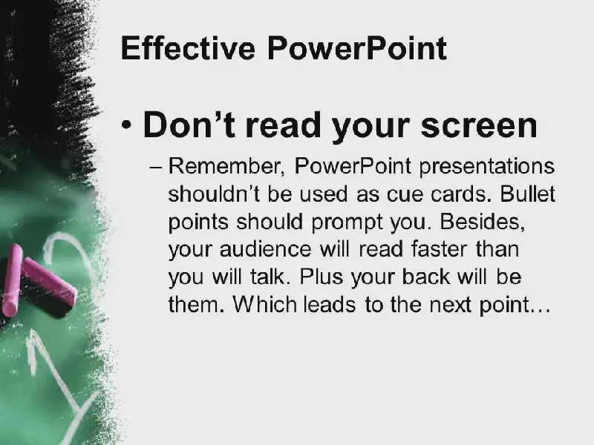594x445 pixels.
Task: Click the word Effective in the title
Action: click(188, 48)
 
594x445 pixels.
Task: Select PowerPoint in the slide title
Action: click(357, 48)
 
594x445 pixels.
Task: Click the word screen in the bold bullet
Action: click(479, 126)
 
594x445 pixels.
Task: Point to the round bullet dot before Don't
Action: click(126, 124)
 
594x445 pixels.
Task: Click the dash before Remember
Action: click(156, 167)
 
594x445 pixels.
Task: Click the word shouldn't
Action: click(215, 194)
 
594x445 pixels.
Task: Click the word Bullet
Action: click(527, 194)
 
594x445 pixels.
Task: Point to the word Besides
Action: click(482, 221)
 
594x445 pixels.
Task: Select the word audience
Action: click(265, 249)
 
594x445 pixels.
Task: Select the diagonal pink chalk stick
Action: click(49, 281)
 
